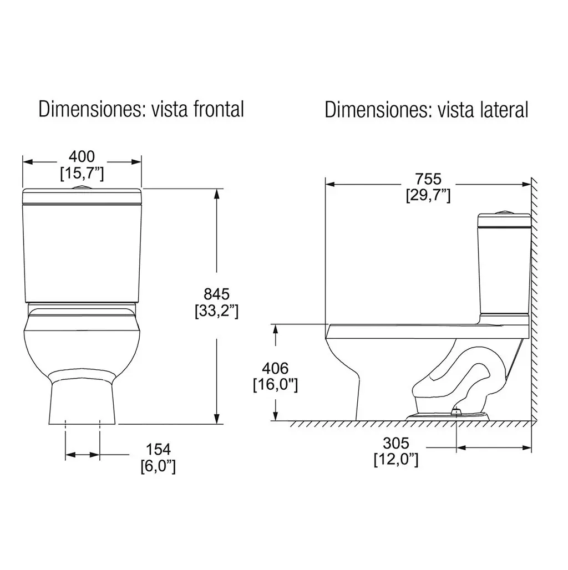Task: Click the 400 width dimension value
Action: tap(82, 156)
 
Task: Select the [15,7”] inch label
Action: tap(82, 174)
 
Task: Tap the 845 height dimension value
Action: tap(217, 294)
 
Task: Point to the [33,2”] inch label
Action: tap(217, 311)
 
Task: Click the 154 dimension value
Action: tap(158, 450)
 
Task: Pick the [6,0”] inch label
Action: tap(158, 466)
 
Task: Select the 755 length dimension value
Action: tap(428, 179)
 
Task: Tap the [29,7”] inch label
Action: tap(428, 196)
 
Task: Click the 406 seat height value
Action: tap(275, 369)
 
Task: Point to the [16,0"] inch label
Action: tap(275, 385)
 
